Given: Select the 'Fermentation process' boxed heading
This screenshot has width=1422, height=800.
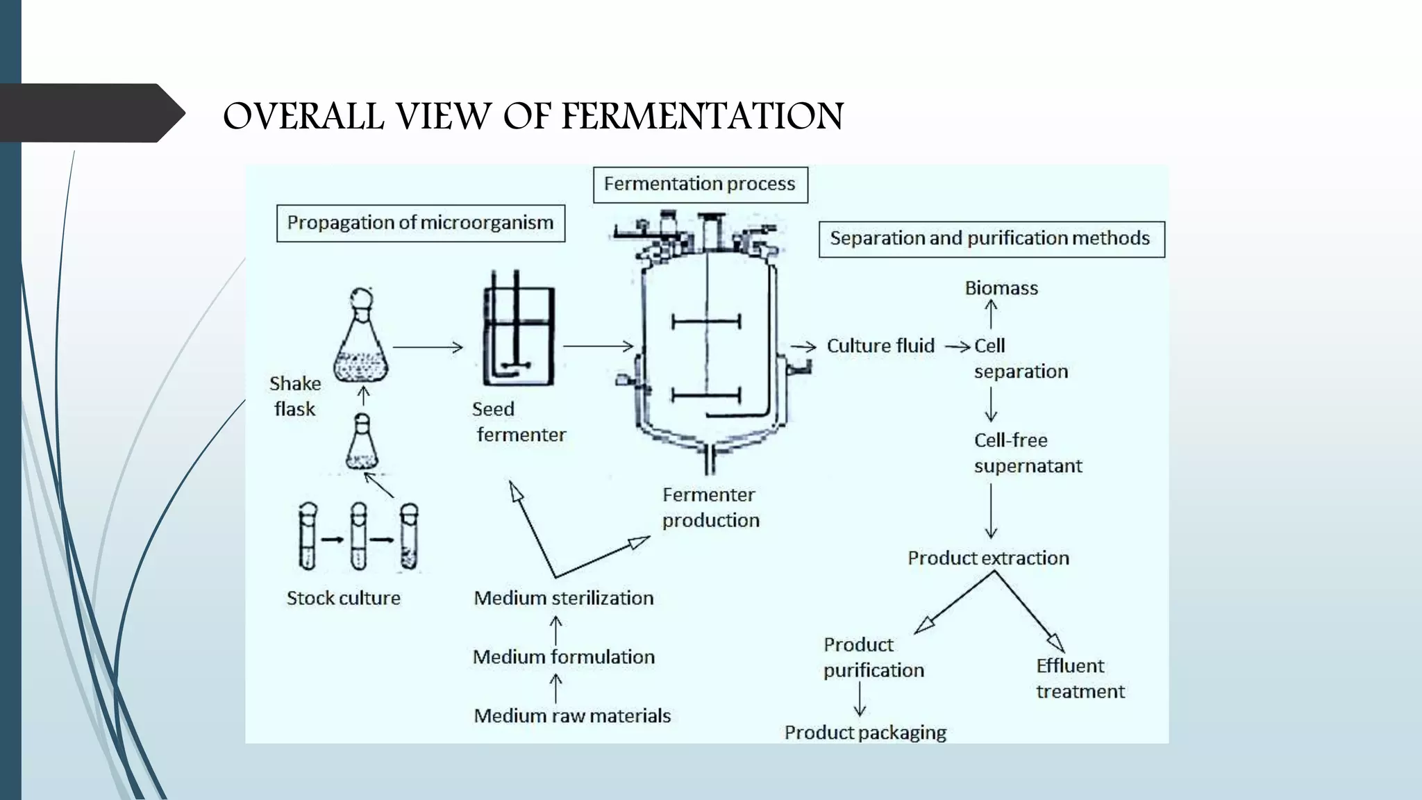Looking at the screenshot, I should [700, 185].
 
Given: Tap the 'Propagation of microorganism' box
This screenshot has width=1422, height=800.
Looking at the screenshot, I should [420, 223].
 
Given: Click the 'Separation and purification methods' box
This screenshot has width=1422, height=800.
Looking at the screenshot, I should [990, 239].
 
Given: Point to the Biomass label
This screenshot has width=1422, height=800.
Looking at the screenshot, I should [1001, 288].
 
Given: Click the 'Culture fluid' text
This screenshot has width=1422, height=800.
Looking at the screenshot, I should [880, 346].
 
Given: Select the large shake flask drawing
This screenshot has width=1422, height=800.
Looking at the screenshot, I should [361, 340].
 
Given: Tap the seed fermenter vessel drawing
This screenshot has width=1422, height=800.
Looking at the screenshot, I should [519, 337].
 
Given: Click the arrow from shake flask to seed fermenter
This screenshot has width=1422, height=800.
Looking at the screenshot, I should [428, 347].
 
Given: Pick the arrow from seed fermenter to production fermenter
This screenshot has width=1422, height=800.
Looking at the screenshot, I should [598, 346].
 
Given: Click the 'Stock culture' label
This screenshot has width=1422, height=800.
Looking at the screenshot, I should [343, 598].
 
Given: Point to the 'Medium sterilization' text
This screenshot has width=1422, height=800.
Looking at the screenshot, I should [563, 598].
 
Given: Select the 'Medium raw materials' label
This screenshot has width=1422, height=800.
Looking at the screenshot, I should [571, 716].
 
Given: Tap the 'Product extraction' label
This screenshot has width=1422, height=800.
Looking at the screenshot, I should [988, 558].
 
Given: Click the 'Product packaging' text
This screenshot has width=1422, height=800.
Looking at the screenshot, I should [865, 733].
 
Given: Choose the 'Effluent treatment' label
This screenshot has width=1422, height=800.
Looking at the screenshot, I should [1080, 678].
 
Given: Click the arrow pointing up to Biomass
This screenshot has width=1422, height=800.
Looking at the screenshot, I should [991, 314].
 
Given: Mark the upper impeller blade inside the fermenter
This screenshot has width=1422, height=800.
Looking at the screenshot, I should [706, 322].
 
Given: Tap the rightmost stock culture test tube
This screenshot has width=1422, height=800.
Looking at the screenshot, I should [409, 536].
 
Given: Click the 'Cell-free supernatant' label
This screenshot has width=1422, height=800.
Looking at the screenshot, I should [1027, 453].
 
